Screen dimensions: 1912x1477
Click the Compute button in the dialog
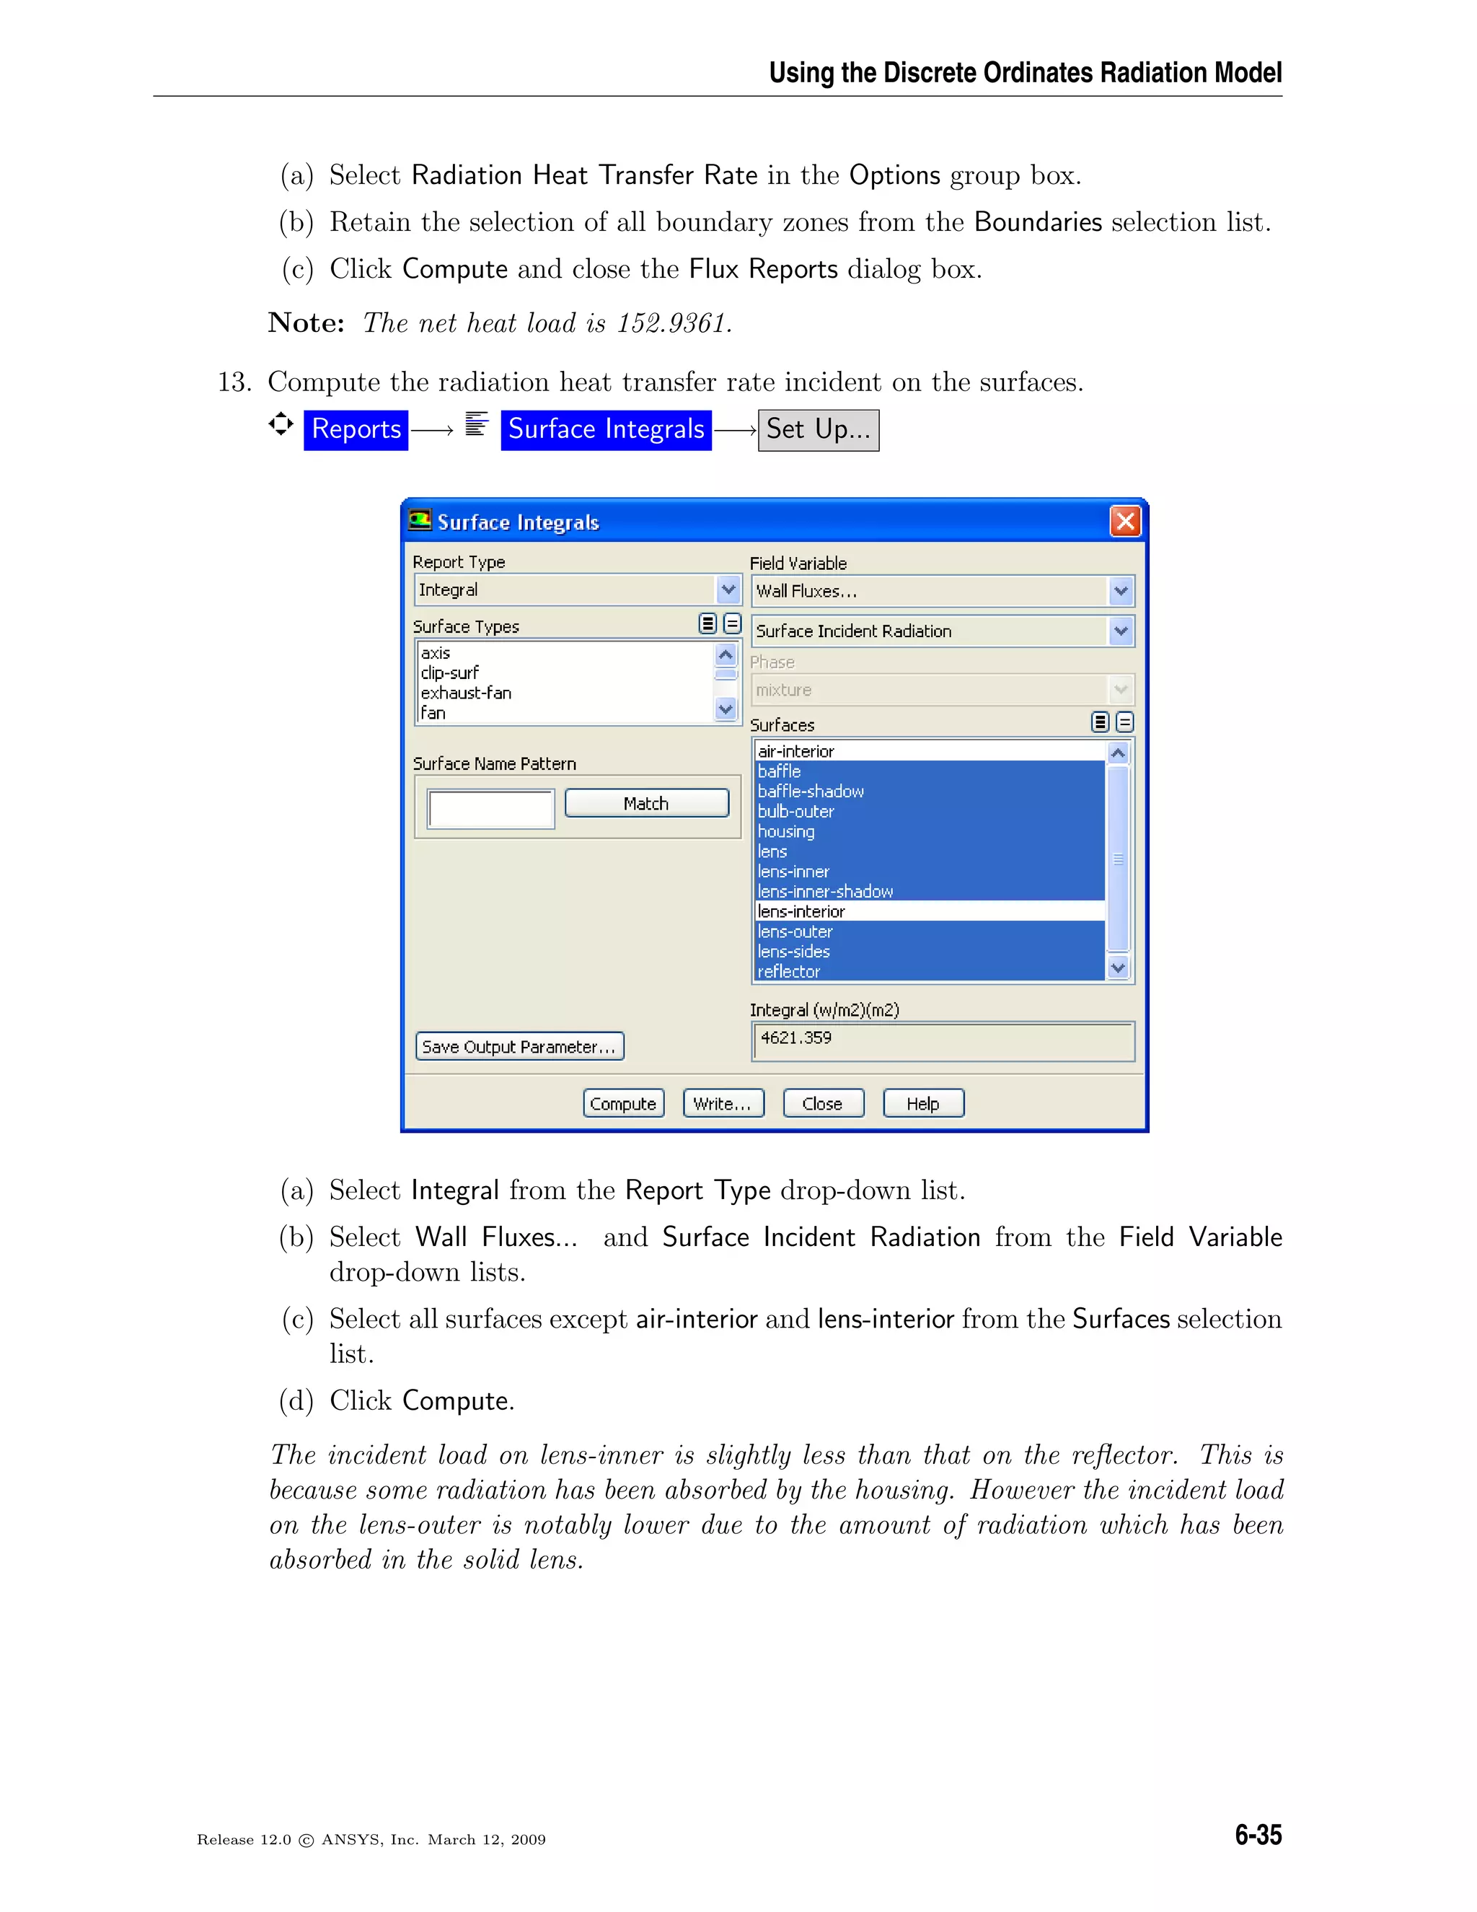coord(623,1103)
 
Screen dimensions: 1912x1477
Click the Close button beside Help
coord(822,1103)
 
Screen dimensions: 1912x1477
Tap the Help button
coord(923,1103)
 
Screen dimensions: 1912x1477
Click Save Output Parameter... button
coord(519,1046)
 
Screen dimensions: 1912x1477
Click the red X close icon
coord(1124,522)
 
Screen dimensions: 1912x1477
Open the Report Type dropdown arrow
coord(728,589)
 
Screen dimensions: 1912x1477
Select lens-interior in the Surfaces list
coord(801,911)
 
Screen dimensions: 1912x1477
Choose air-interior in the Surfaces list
coord(795,751)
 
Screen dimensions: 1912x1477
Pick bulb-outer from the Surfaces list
coord(795,812)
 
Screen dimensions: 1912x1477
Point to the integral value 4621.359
coord(795,1038)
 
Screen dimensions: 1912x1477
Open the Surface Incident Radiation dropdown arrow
coord(1120,631)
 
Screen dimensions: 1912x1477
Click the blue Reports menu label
coord(356,429)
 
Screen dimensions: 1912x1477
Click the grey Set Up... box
coord(818,429)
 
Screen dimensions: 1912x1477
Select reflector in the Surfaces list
coord(788,972)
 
